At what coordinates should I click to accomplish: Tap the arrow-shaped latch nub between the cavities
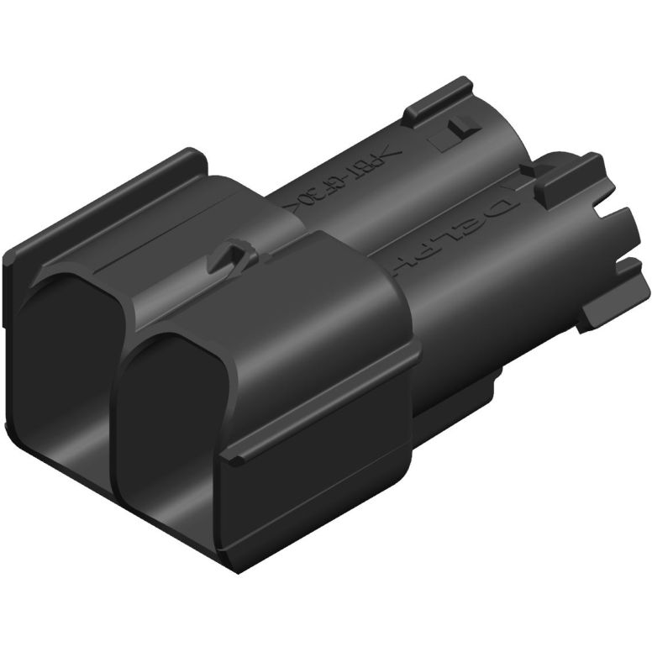coord(231,255)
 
